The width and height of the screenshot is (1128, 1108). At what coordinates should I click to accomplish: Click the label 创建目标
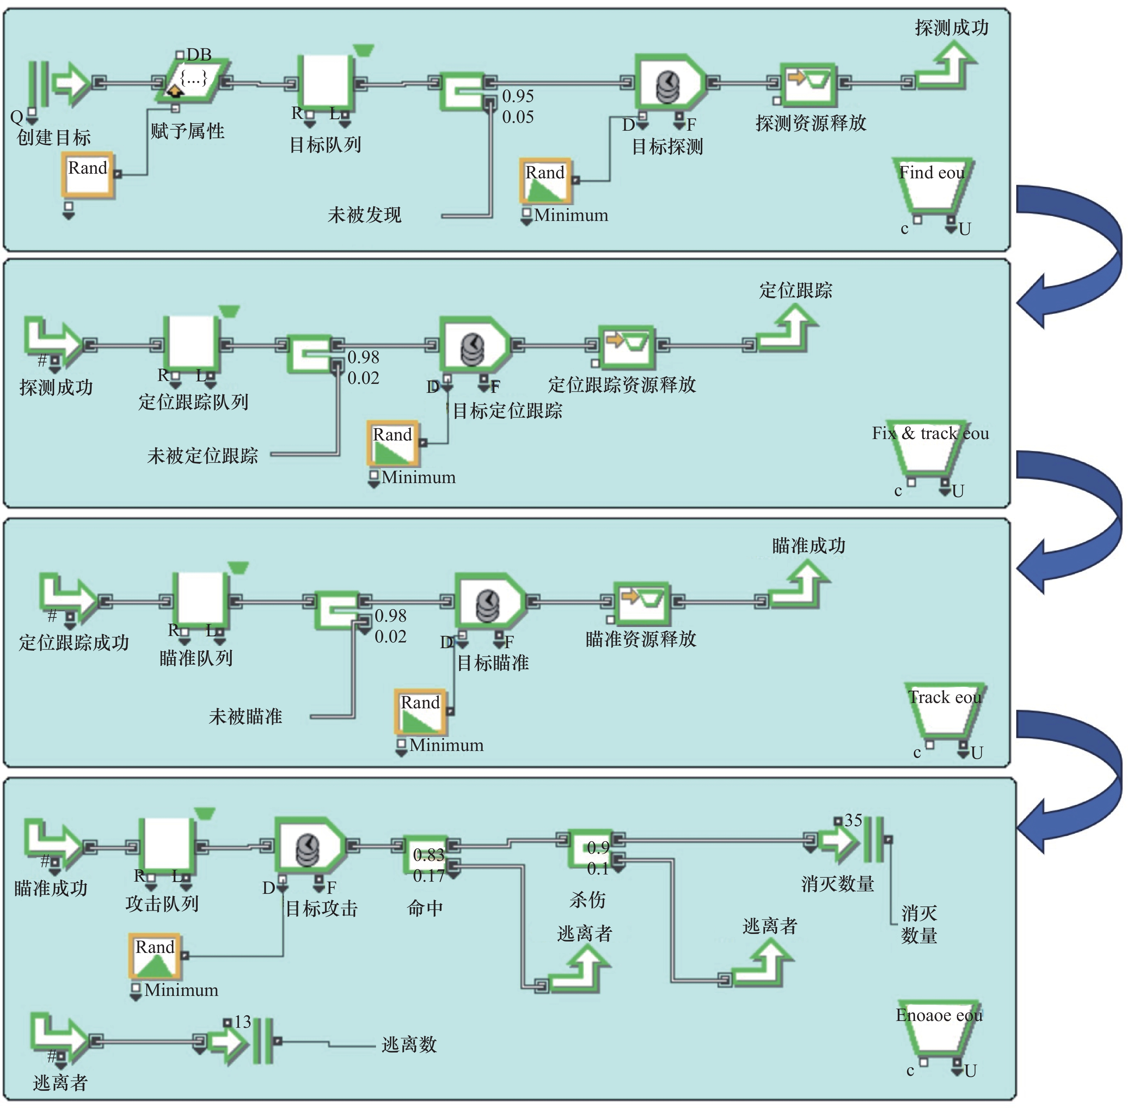[x=54, y=138]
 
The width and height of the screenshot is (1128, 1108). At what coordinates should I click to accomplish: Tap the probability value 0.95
[x=517, y=96]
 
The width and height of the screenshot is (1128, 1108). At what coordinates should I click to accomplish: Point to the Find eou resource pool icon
[x=933, y=186]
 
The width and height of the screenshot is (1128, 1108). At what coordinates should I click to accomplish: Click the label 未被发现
[x=364, y=215]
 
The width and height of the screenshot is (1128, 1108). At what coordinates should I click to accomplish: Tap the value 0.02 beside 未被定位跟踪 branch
[x=363, y=378]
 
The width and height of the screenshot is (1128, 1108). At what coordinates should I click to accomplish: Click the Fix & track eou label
[x=930, y=434]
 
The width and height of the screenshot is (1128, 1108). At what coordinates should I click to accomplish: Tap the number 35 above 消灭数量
[x=853, y=820]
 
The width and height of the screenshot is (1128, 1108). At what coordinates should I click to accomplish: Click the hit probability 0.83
[x=428, y=855]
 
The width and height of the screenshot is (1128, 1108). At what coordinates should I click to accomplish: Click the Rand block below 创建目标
[x=88, y=175]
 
